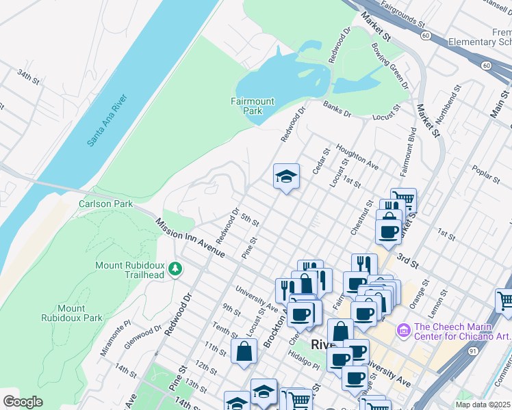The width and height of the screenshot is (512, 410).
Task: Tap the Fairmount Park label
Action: pyautogui.click(x=252, y=106)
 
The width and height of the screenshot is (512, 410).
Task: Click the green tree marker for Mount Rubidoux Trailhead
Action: pyautogui.click(x=177, y=269)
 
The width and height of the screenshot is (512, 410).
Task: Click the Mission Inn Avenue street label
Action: pyautogui.click(x=190, y=238)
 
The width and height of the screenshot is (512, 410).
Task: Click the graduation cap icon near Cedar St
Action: pyautogui.click(x=286, y=177)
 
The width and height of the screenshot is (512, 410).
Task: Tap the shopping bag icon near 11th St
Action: pyautogui.click(x=244, y=352)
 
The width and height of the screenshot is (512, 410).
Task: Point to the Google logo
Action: pyautogui.click(x=23, y=402)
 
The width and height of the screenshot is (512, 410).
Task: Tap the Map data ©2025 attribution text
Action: pyautogui.click(x=481, y=405)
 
